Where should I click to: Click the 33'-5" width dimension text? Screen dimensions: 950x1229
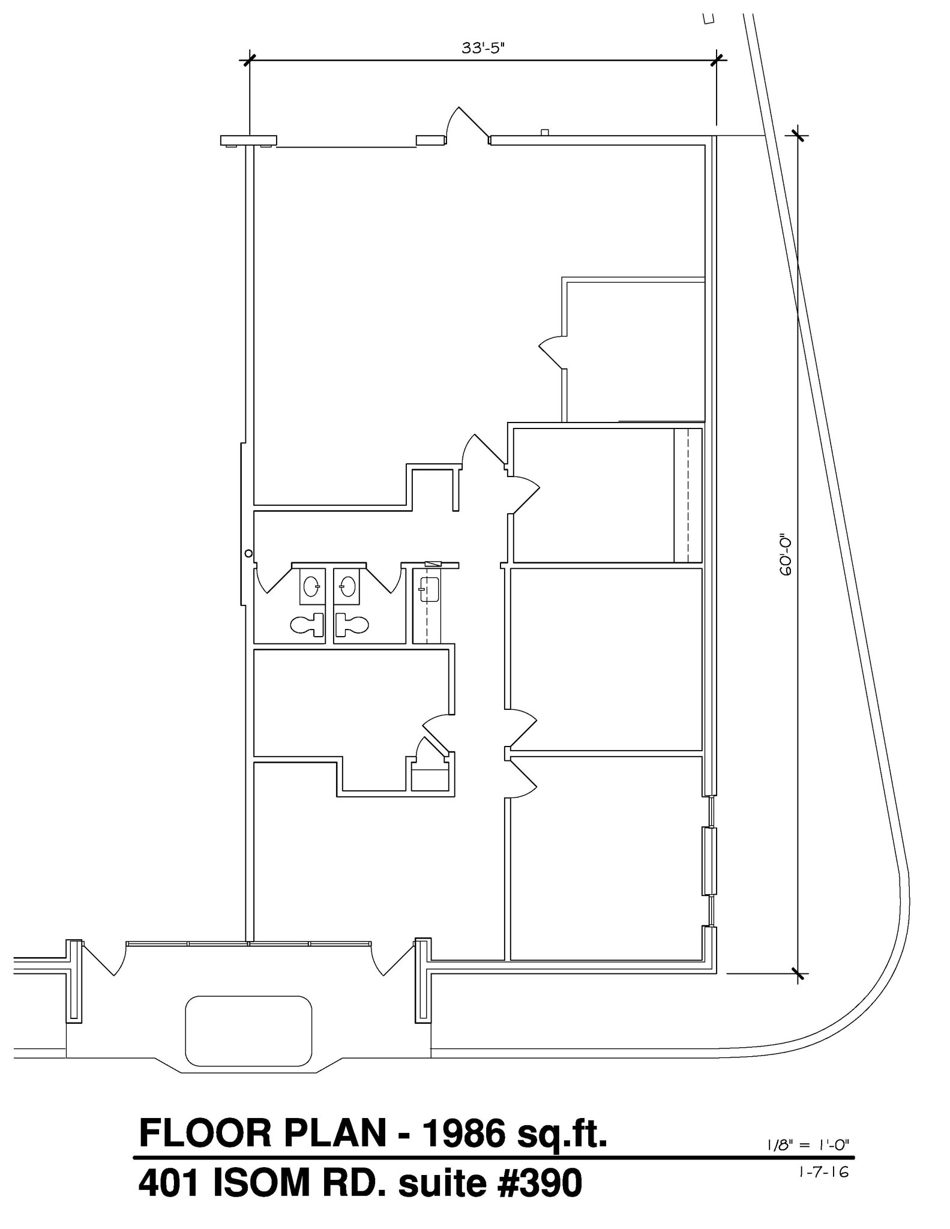click(x=483, y=48)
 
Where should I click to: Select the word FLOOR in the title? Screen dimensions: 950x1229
click(x=205, y=1134)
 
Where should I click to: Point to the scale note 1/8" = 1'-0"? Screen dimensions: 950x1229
click(x=809, y=1144)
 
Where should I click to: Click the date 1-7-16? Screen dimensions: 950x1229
click(x=825, y=1171)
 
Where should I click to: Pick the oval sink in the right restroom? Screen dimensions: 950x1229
click(x=347, y=586)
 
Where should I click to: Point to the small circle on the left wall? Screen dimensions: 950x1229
click(x=248, y=553)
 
